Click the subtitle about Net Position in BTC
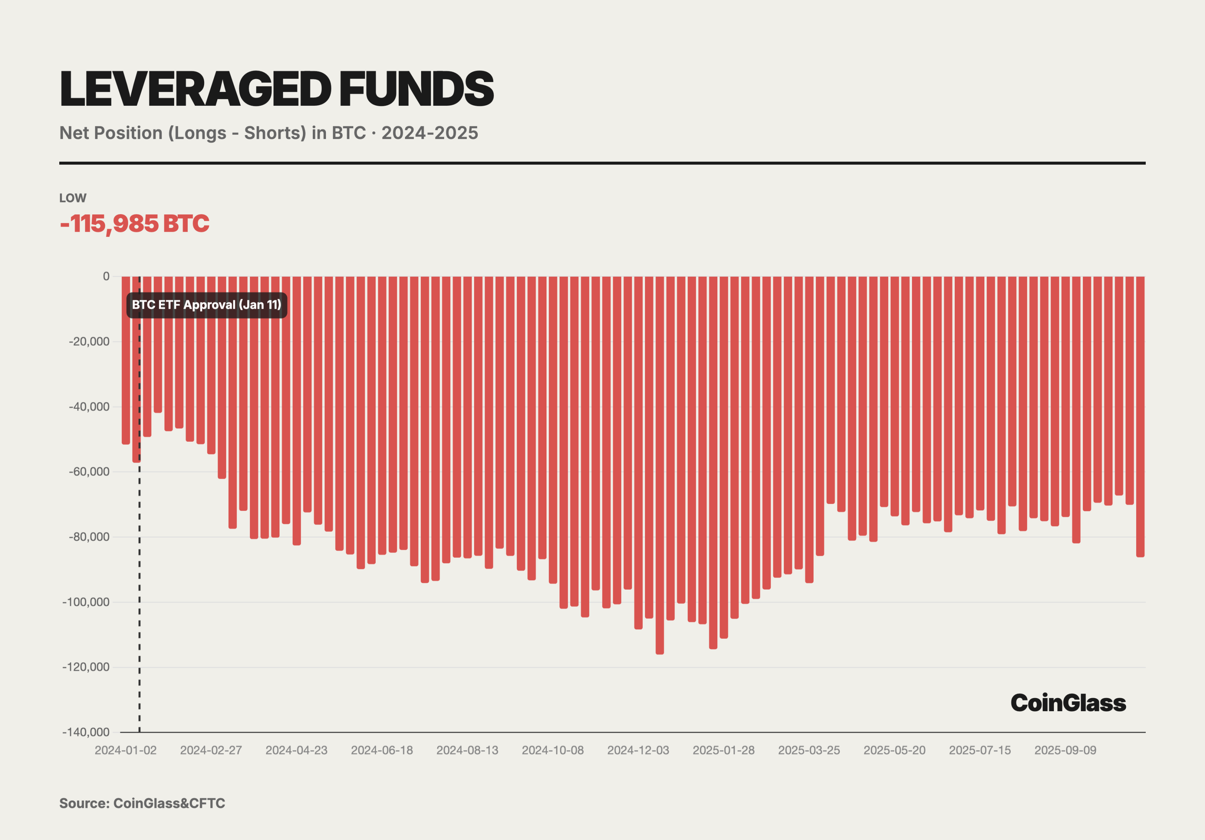[268, 133]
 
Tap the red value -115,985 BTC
[134, 224]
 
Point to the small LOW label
[72, 198]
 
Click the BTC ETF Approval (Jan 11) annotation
[206, 305]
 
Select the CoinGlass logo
[1068, 703]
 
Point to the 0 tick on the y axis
[106, 276]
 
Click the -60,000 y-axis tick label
[89, 471]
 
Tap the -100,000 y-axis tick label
[86, 602]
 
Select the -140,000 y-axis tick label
[86, 732]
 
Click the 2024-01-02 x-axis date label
[125, 750]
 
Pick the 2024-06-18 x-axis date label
[382, 750]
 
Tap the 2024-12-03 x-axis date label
[638, 750]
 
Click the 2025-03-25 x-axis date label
[809, 750]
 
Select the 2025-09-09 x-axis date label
[1065, 750]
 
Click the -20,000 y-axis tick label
[89, 341]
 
